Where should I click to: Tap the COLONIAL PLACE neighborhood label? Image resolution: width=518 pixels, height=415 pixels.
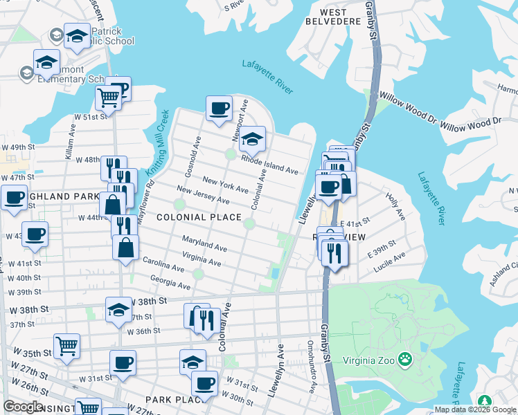point(199,217)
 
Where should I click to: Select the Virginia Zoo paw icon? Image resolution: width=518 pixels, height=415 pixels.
point(405,360)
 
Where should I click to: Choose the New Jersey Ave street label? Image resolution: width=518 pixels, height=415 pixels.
point(203,195)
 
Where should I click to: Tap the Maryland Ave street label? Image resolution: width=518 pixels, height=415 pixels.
point(204,243)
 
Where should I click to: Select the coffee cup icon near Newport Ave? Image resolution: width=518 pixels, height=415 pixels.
point(220,108)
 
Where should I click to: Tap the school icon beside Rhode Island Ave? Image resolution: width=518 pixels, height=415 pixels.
point(253,137)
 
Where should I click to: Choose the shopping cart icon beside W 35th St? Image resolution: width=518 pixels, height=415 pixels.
point(66,345)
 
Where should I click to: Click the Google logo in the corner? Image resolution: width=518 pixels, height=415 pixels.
point(23,407)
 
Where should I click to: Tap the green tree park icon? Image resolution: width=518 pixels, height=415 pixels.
point(484,402)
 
